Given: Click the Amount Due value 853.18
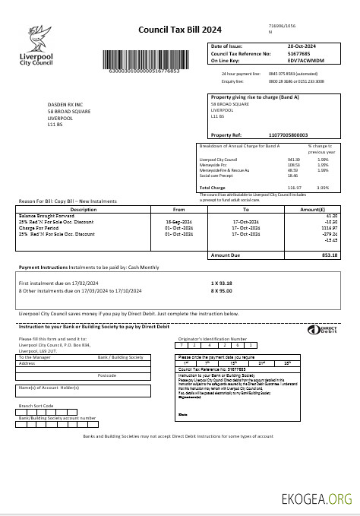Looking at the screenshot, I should click(x=328, y=255).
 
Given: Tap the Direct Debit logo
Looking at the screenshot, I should click(x=318, y=331).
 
